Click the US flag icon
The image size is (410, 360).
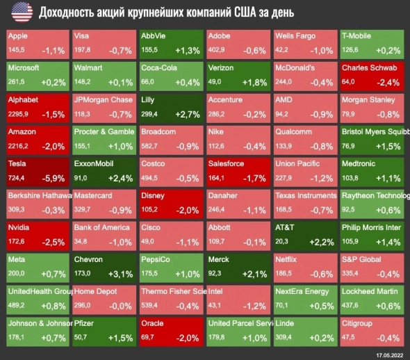pos(21,12)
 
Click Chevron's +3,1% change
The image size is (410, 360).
pos(119,273)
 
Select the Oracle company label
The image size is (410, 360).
pos(153,323)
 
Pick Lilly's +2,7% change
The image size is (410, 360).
pos(187,113)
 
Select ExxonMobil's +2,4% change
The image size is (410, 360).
pos(120,178)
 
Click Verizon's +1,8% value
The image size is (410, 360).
pos(254,82)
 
